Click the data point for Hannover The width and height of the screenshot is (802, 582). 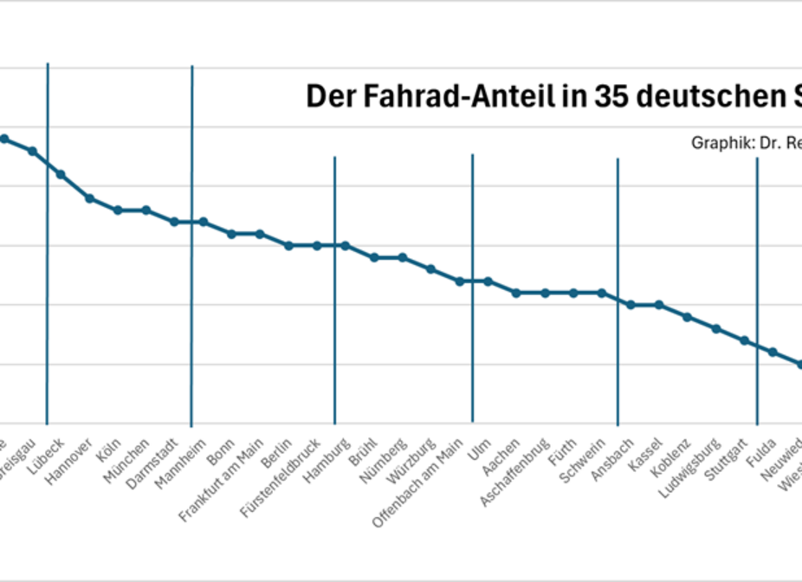89,198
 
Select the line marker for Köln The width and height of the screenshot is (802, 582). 118,210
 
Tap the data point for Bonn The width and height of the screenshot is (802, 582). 231,234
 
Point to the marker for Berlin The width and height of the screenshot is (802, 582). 288,246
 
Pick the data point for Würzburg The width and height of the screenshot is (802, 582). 430,269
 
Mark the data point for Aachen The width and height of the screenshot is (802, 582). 516,293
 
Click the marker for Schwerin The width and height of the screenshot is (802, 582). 601,293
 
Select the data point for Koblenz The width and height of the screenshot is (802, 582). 687,317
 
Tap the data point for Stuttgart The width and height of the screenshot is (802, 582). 744,340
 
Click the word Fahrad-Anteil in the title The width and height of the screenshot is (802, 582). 456,96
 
